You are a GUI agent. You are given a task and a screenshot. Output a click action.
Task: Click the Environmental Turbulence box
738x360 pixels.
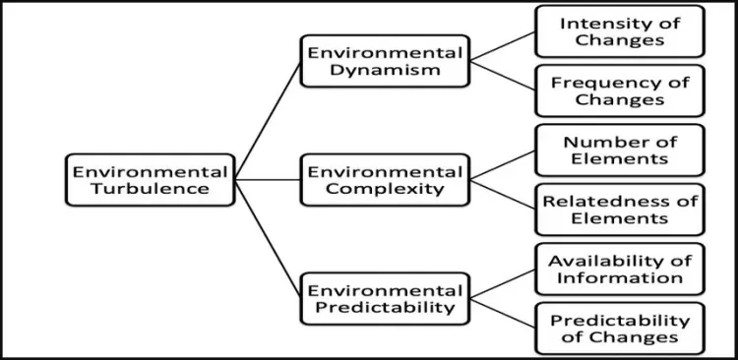click(x=151, y=180)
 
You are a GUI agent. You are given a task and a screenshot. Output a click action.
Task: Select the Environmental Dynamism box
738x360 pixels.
click(x=371, y=61)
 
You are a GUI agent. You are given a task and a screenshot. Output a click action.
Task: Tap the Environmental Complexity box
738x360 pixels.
click(x=371, y=180)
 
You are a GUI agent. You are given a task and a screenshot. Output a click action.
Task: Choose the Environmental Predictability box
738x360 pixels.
click(x=371, y=299)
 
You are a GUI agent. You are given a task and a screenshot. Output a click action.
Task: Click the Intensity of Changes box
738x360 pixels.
click(x=619, y=31)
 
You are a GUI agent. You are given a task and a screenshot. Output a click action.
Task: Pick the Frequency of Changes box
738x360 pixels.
click(x=619, y=90)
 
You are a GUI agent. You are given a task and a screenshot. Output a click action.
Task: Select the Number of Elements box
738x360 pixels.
click(x=619, y=150)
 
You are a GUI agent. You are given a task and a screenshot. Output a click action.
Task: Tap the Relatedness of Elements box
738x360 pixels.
click(x=619, y=210)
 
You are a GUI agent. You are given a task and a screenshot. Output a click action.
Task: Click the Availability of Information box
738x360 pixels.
click(x=619, y=269)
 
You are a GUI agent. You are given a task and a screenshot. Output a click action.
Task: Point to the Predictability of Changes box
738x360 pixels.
click(x=619, y=329)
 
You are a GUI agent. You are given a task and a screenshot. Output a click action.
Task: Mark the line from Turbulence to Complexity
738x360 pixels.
click(x=268, y=180)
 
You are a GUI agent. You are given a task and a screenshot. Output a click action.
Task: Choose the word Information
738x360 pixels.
click(x=619, y=277)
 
